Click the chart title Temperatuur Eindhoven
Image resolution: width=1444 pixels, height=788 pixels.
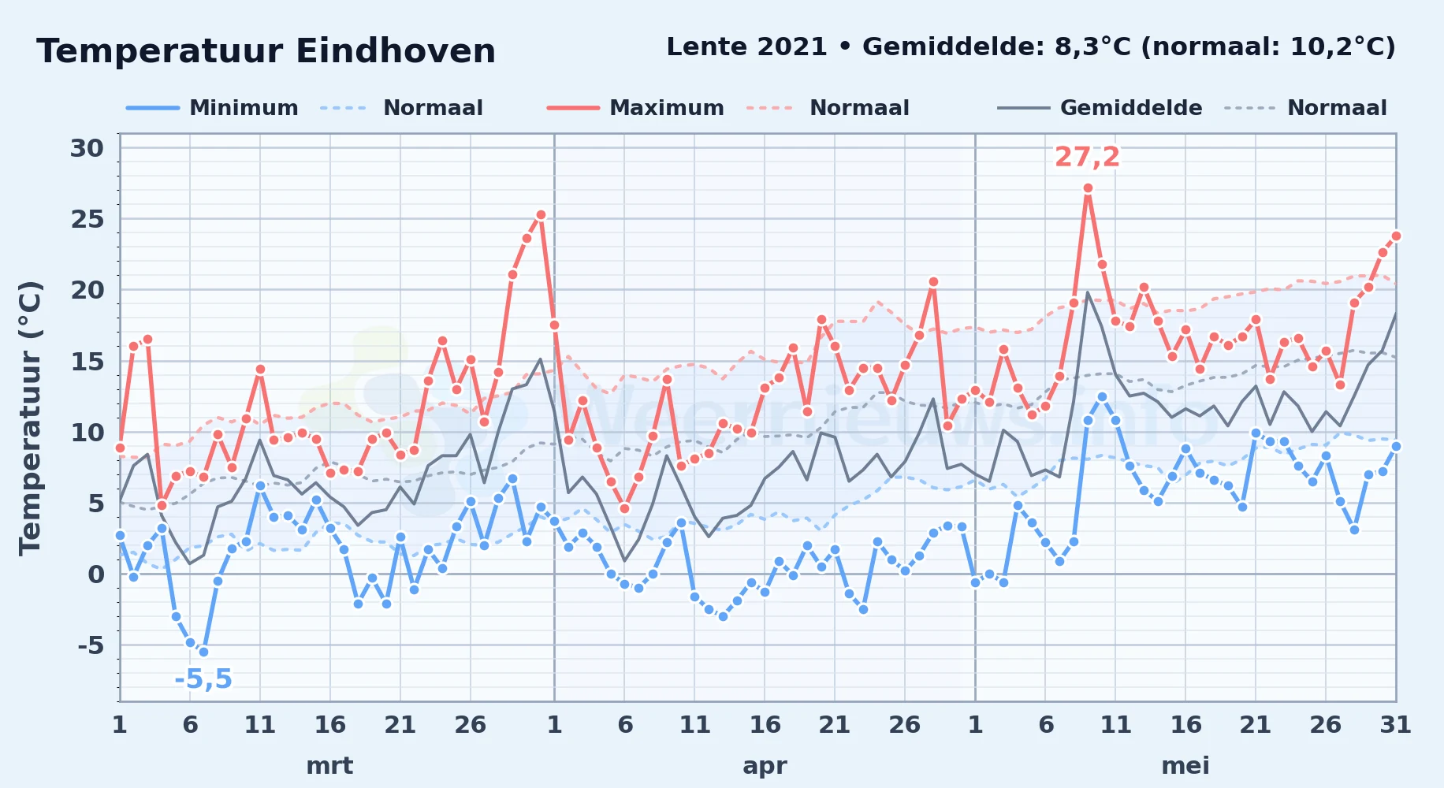266,51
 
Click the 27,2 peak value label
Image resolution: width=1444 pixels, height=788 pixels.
1087,158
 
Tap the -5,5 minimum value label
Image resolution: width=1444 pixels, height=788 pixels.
203,679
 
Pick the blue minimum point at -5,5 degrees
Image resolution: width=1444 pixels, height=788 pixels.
203,652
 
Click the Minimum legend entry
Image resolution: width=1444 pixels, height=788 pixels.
212,108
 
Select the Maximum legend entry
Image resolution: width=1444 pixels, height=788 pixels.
635,108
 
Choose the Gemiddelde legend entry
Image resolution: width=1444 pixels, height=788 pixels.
1100,108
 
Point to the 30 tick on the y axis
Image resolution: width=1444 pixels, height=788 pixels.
87,148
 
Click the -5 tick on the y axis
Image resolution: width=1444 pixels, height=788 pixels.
91,645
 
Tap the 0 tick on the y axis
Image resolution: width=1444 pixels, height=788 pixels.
96,574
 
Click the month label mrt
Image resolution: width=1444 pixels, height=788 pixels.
329,766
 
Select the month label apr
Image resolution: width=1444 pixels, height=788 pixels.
765,766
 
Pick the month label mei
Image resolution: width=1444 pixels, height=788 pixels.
1185,766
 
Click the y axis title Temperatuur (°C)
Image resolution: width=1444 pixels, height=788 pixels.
30,418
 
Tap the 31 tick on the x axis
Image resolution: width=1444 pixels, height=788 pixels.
1395,725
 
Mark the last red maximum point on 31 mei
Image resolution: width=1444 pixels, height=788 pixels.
1396,236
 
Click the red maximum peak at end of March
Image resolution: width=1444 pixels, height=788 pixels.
541,214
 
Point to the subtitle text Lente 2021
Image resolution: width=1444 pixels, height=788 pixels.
746,47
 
